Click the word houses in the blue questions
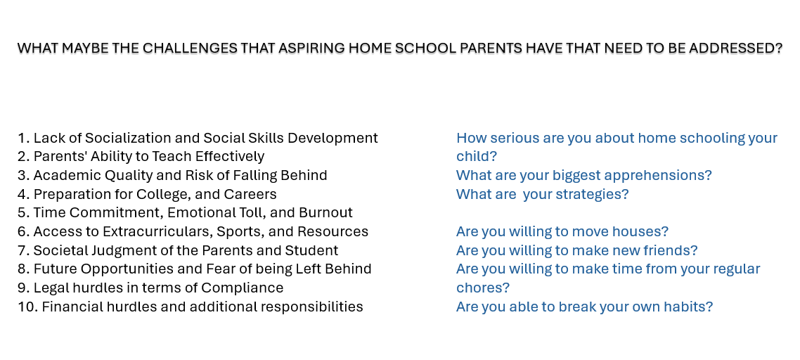(x=641, y=231)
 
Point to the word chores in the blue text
(x=482, y=288)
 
